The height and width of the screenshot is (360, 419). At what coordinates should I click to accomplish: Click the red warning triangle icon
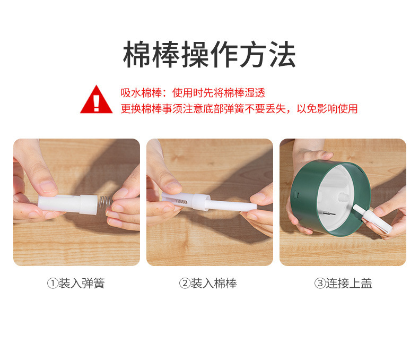(x=96, y=99)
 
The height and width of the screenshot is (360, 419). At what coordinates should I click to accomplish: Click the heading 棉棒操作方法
(x=209, y=54)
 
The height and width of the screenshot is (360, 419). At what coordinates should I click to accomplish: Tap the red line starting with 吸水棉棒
(x=193, y=93)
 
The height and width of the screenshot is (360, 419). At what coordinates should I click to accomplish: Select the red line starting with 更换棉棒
(x=239, y=109)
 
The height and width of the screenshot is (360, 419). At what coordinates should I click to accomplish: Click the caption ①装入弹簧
(x=76, y=283)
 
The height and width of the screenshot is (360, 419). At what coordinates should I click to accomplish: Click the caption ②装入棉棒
(x=208, y=283)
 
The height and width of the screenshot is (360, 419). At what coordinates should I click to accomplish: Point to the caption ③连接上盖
(x=343, y=283)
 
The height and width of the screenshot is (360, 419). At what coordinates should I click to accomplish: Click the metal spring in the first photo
(x=105, y=202)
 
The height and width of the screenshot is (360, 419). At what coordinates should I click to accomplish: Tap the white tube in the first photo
(x=67, y=204)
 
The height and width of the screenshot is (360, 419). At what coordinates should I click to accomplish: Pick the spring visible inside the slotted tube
(x=181, y=201)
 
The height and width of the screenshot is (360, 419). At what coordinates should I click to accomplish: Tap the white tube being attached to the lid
(x=372, y=218)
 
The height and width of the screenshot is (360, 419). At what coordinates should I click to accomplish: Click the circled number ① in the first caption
(x=53, y=284)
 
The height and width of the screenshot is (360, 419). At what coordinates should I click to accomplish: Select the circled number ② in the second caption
(x=185, y=284)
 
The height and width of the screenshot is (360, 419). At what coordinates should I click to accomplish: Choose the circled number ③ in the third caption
(x=320, y=284)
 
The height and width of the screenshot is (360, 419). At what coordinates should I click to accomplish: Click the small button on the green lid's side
(x=296, y=195)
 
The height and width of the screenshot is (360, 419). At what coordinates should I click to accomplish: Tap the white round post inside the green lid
(x=343, y=198)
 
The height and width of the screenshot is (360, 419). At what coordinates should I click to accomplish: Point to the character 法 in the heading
(x=283, y=54)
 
